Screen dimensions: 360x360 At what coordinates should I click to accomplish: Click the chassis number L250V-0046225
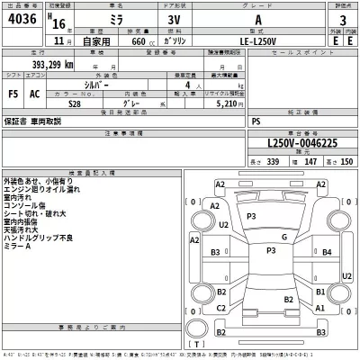(x=301, y=142)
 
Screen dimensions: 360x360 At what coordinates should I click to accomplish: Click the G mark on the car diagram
(x=283, y=237)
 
